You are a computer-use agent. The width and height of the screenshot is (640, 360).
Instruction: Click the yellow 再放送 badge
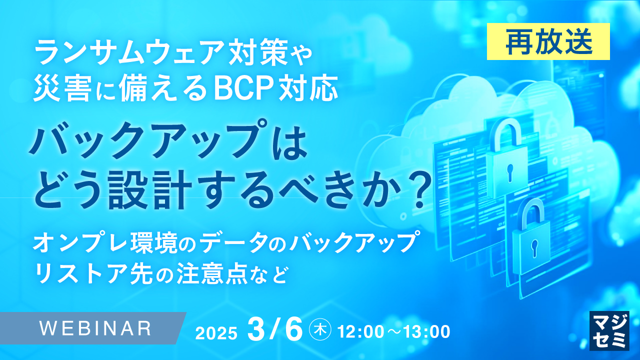click(548, 42)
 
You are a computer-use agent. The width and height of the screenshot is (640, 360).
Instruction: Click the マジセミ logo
click(609, 330)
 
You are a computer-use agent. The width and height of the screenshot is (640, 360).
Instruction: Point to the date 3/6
click(275, 329)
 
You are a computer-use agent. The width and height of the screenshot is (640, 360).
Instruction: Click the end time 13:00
click(426, 331)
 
